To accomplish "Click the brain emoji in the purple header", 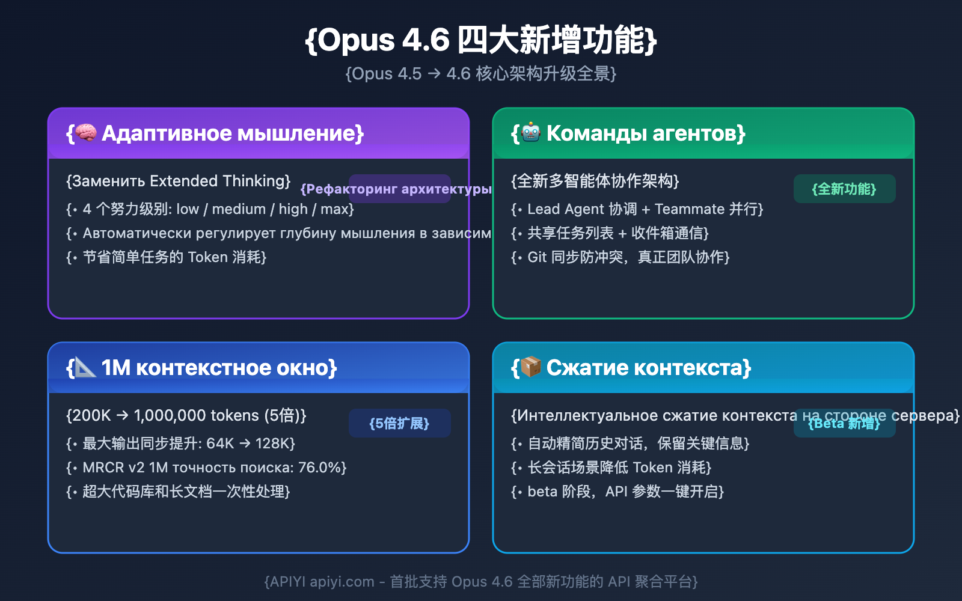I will click(x=86, y=133).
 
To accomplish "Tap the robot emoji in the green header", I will click(x=531, y=133).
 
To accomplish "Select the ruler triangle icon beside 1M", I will click(x=85, y=367).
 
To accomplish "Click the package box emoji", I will click(x=531, y=367).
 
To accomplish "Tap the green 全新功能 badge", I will click(x=844, y=189).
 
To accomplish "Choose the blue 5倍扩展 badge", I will click(x=399, y=424).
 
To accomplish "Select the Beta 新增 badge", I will click(x=844, y=424).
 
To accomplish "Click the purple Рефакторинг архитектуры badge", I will click(x=399, y=189).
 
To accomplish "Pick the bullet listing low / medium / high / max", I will click(x=210, y=209).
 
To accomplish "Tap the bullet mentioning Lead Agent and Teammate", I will click(x=637, y=209).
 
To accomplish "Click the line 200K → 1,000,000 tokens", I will click(x=186, y=415).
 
